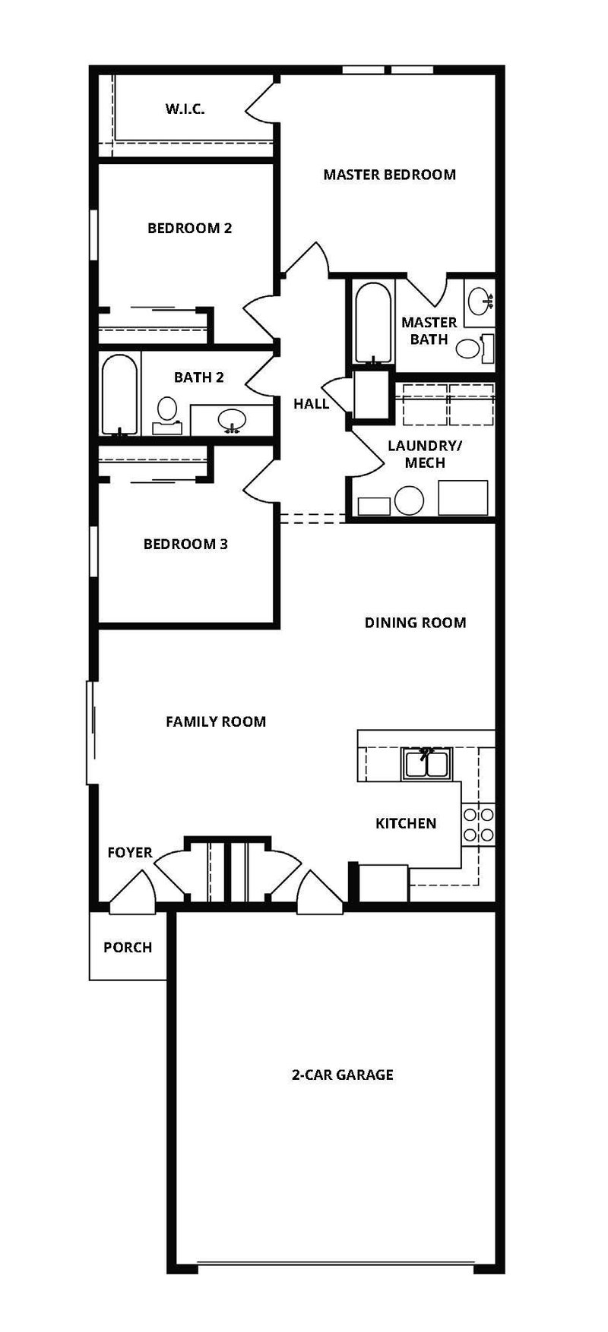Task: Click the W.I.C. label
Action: click(x=185, y=109)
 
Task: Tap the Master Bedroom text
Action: click(x=389, y=175)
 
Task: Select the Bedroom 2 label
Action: click(x=189, y=228)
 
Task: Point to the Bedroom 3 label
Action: click(x=185, y=544)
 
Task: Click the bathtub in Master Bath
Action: click(x=373, y=323)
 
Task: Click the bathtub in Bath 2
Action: click(x=120, y=395)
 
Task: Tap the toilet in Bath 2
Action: click(x=165, y=416)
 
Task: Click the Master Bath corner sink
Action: click(x=480, y=301)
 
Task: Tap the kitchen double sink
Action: click(x=428, y=763)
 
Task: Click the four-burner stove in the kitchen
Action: click(x=478, y=824)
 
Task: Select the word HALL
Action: click(x=312, y=403)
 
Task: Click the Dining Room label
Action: click(x=415, y=623)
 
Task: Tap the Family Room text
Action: click(x=216, y=721)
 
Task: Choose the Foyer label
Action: click(x=130, y=853)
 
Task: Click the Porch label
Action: click(x=128, y=948)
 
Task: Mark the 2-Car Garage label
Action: click(x=343, y=1075)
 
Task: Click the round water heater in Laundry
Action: click(x=410, y=501)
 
